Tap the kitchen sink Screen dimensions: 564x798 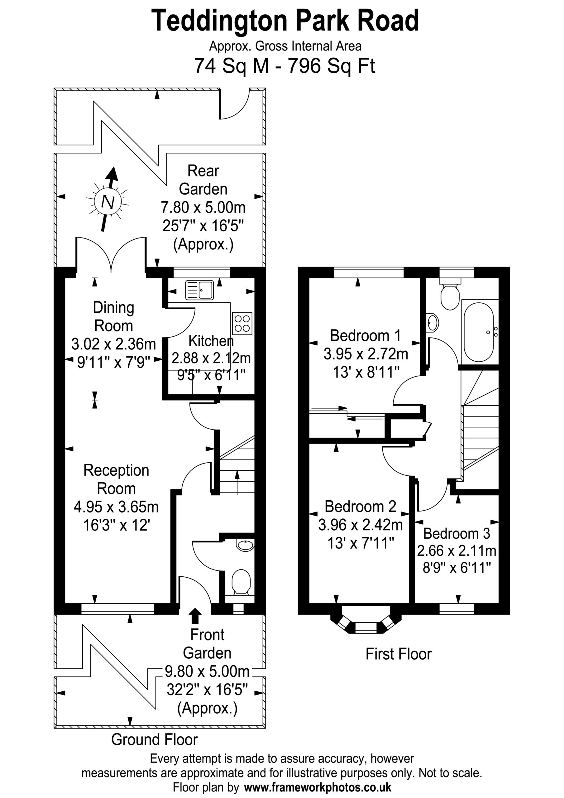(199, 290)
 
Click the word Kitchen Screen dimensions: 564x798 (211, 341)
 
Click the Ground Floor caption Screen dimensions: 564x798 (154, 739)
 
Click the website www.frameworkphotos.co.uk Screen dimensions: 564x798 (318, 787)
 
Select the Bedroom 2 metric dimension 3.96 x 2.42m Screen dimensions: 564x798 (360, 525)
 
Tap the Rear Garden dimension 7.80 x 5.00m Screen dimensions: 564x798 (203, 208)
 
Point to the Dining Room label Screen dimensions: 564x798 (114, 317)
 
